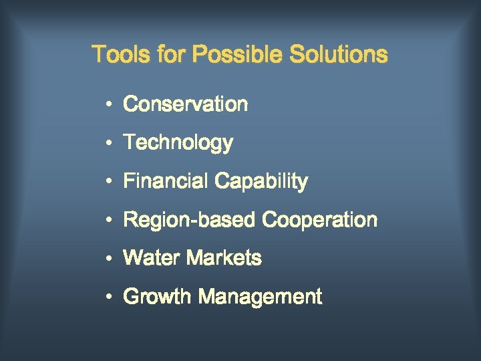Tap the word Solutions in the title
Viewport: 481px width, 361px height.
[x=338, y=54]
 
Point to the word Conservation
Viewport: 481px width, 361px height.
[x=186, y=104]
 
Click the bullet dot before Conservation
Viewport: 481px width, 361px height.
[x=107, y=105]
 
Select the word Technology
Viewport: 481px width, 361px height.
[x=178, y=143]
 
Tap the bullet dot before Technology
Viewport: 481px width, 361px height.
[x=107, y=143]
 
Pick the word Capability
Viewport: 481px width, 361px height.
[x=261, y=182]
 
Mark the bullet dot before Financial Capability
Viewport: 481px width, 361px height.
[x=107, y=182]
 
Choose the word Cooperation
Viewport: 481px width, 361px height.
[x=320, y=220]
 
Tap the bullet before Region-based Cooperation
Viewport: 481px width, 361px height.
[x=107, y=220]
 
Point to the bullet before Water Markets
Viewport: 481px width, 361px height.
[x=107, y=258]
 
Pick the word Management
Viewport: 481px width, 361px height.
[x=261, y=296]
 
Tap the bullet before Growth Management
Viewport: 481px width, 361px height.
[x=107, y=297]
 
